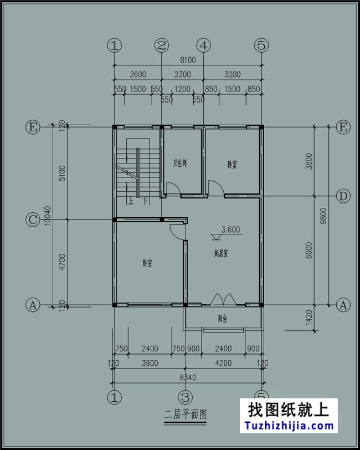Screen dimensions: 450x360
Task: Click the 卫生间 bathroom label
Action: coord(179,163)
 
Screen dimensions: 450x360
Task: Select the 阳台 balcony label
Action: coord(222,319)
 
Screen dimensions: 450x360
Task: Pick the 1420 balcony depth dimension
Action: coord(308,319)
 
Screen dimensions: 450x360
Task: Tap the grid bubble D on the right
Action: coord(343,196)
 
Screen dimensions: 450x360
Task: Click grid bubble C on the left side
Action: coord(33,220)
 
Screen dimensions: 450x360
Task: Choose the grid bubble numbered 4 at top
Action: coord(204,45)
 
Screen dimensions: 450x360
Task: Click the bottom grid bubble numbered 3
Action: coord(185,396)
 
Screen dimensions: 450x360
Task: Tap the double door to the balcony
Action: coord(223,299)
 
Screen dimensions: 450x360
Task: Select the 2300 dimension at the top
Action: coord(182,74)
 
